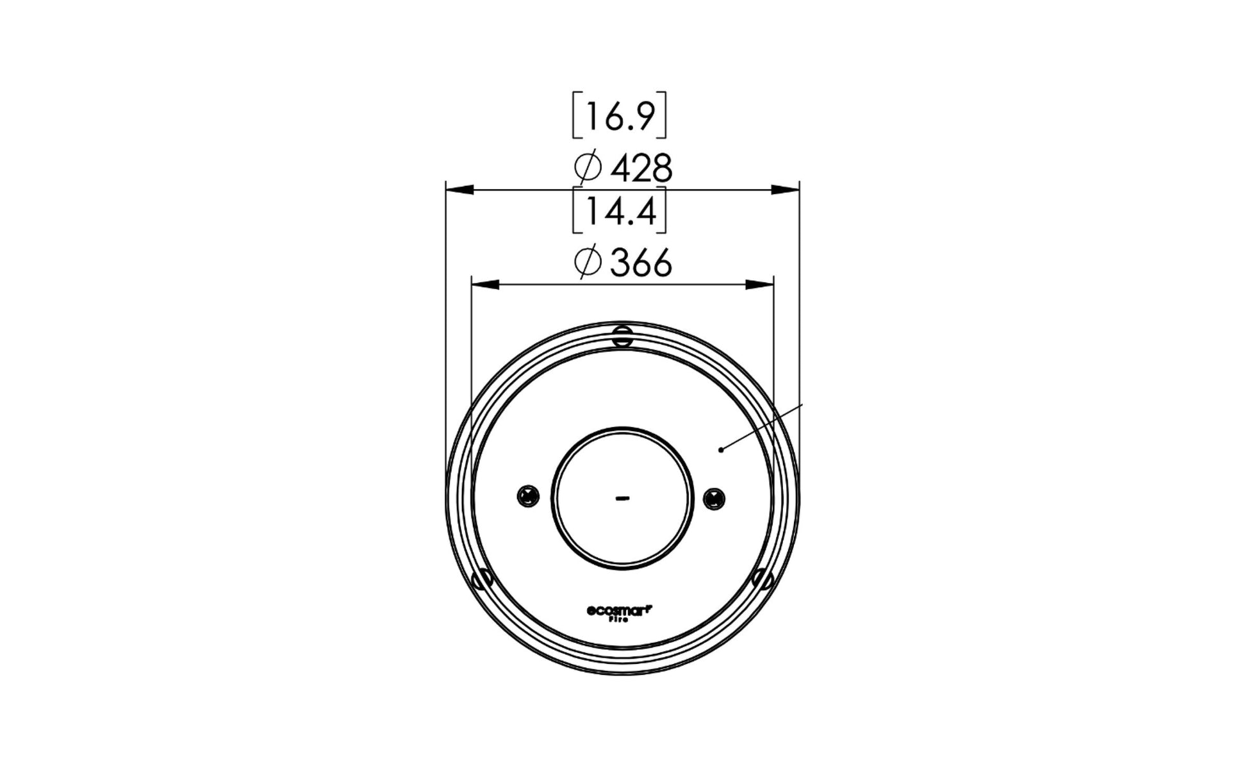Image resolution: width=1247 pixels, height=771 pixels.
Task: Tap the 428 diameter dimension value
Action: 641,169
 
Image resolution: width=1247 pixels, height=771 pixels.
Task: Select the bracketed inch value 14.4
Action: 620,211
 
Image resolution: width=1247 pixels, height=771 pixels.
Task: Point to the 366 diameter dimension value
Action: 641,263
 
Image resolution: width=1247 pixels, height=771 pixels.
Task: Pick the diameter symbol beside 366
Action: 588,263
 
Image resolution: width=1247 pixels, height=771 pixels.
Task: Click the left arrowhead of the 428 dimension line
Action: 459,190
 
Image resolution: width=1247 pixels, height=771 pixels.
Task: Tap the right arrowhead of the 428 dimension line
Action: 786,190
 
